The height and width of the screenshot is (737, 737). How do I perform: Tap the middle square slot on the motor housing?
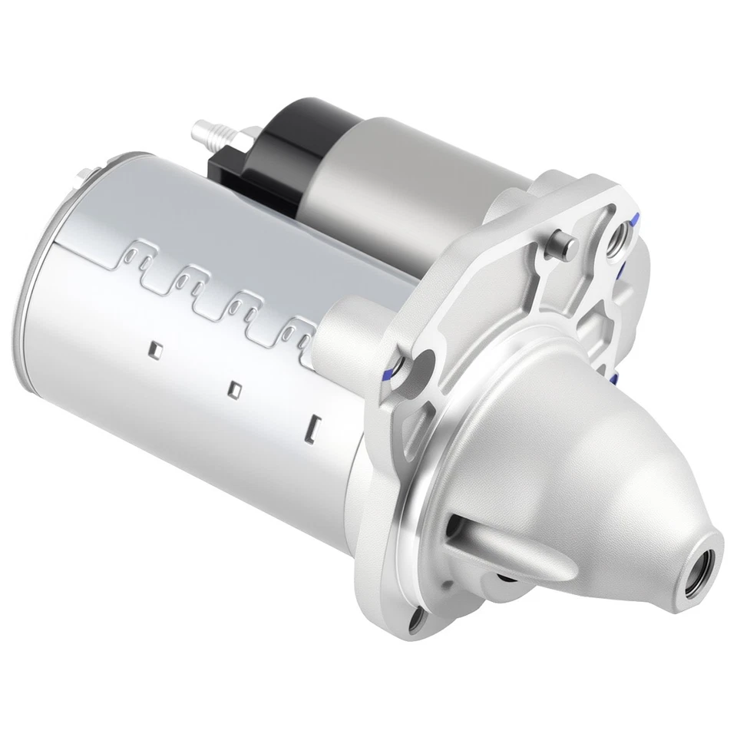point(236,388)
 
